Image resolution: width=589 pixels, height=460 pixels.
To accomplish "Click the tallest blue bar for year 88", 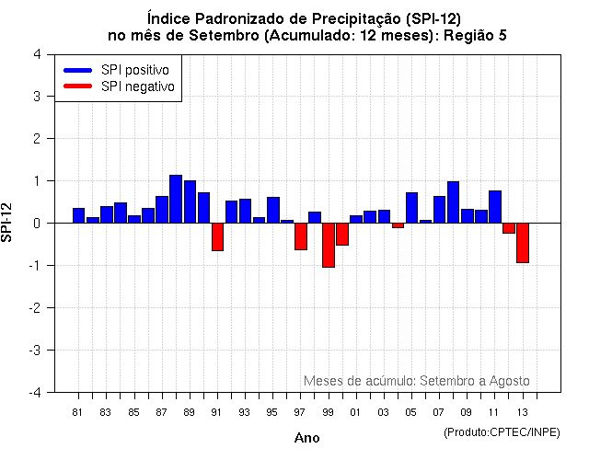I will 176,199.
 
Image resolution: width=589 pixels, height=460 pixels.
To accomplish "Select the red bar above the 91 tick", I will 217,236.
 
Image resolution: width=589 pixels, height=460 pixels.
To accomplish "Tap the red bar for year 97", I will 301,236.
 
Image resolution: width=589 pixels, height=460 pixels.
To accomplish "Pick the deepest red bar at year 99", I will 329,245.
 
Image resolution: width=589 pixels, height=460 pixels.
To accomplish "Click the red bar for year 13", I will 523,243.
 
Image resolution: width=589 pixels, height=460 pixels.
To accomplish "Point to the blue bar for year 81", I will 78,215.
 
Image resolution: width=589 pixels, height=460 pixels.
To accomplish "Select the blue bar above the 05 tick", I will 411,208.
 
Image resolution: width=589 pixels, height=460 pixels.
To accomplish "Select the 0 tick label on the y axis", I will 36,224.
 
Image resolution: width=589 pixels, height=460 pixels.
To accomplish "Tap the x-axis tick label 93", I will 245,411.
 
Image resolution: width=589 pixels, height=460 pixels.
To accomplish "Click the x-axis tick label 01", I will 356,411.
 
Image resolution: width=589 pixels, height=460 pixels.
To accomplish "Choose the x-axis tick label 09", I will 468,411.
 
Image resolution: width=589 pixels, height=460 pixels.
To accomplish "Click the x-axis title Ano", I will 306,438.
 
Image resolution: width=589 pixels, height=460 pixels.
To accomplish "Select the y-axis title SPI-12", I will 8,224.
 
